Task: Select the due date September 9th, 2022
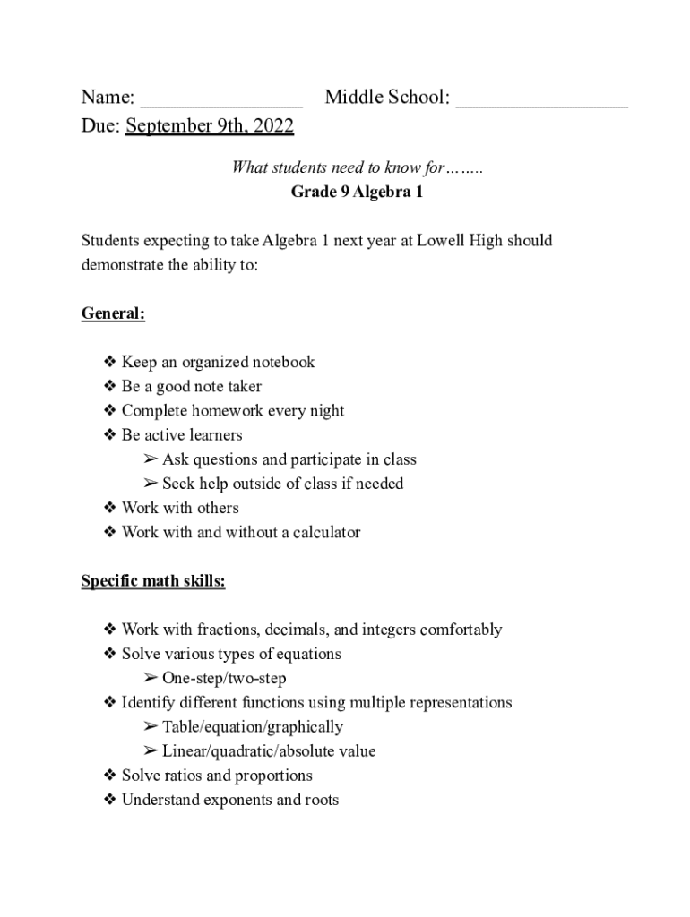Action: (210, 126)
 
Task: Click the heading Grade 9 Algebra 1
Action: (357, 192)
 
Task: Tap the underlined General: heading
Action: (113, 313)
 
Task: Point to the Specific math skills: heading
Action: (153, 581)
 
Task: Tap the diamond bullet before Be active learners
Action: (110, 435)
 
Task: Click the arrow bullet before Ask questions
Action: (150, 459)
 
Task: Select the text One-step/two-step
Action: (224, 678)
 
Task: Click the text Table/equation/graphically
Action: (252, 726)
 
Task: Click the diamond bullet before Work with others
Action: (110, 508)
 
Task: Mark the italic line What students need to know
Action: (357, 167)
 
